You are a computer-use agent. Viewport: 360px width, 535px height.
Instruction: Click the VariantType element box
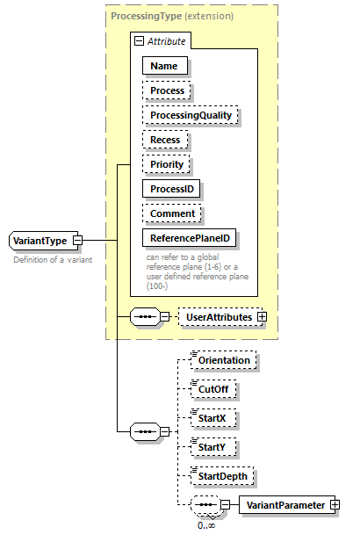point(40,240)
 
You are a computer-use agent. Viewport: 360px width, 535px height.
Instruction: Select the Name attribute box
point(163,66)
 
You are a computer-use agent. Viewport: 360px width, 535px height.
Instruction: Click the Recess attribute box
point(165,140)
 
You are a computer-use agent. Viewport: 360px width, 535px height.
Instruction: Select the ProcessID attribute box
point(172,189)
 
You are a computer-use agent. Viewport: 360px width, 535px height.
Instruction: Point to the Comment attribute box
point(172,213)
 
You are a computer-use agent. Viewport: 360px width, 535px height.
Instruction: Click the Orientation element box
point(225,360)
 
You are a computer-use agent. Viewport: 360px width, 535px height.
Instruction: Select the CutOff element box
point(215,388)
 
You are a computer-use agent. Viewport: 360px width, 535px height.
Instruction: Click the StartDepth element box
point(224,477)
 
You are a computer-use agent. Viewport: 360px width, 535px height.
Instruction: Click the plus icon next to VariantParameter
point(335,505)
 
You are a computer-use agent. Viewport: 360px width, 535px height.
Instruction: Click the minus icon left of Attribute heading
point(139,41)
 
